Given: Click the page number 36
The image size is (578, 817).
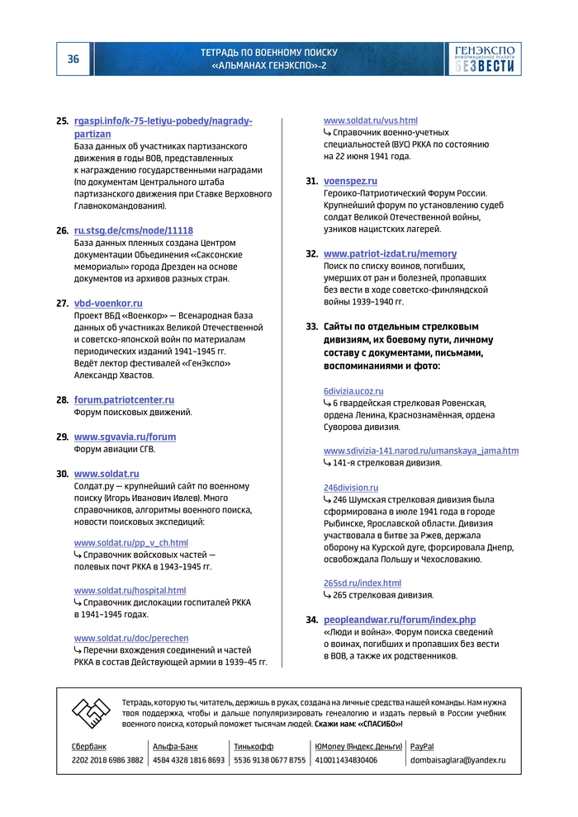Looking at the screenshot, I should coord(73,59).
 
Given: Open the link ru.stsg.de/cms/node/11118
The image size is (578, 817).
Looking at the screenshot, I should coord(134,230).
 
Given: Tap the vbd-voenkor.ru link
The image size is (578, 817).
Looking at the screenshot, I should coord(108,303).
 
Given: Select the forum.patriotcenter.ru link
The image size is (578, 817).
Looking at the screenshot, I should coord(124,399).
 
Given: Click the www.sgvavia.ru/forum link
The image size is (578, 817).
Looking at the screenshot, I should coord(125,437).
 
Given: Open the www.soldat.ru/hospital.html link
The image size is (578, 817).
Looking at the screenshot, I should coord(130,590).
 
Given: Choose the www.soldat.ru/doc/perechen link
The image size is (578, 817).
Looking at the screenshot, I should coord(131,638).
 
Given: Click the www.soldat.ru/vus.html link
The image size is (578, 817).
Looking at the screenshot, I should coord(370,120).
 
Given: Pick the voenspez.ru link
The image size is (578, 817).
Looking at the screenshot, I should coord(350,181).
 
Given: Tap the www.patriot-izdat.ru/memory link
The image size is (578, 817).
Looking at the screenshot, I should coord(390,253).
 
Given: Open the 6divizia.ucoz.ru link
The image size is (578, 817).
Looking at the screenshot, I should coord(353,390).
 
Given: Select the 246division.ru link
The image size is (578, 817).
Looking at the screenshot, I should coord(351,488).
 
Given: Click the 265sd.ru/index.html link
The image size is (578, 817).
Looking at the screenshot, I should coord(362,583).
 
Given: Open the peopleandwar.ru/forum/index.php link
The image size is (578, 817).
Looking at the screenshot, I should coord(400,620).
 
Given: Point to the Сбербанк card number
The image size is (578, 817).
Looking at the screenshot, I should coord(107,760).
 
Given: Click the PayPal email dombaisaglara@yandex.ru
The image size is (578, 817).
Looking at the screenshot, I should coord(458,760).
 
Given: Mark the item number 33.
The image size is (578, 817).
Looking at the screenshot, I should coord(311,327).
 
